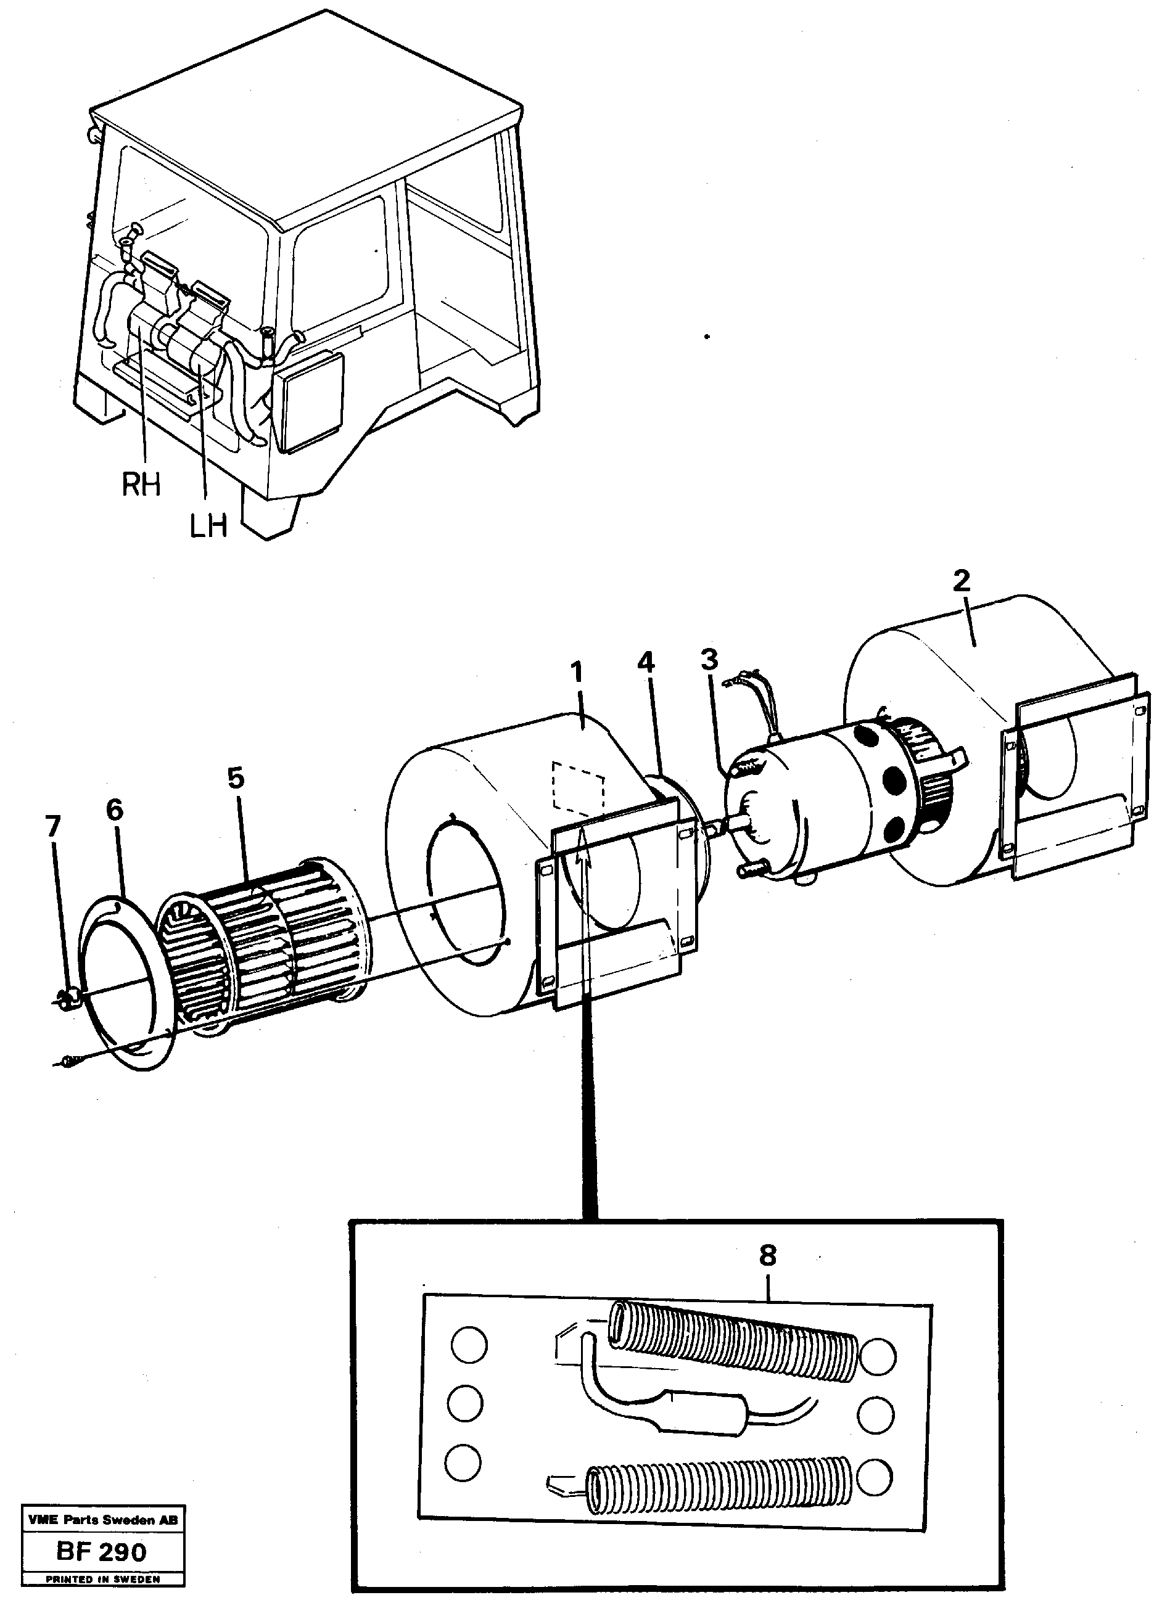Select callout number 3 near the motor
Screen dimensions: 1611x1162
click(709, 660)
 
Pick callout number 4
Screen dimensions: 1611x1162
click(645, 663)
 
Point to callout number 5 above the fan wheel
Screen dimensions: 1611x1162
click(236, 779)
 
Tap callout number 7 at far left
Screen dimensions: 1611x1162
click(52, 826)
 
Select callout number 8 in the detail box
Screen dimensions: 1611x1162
click(767, 1256)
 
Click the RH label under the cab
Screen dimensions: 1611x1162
click(141, 485)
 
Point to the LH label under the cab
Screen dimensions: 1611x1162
click(208, 527)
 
